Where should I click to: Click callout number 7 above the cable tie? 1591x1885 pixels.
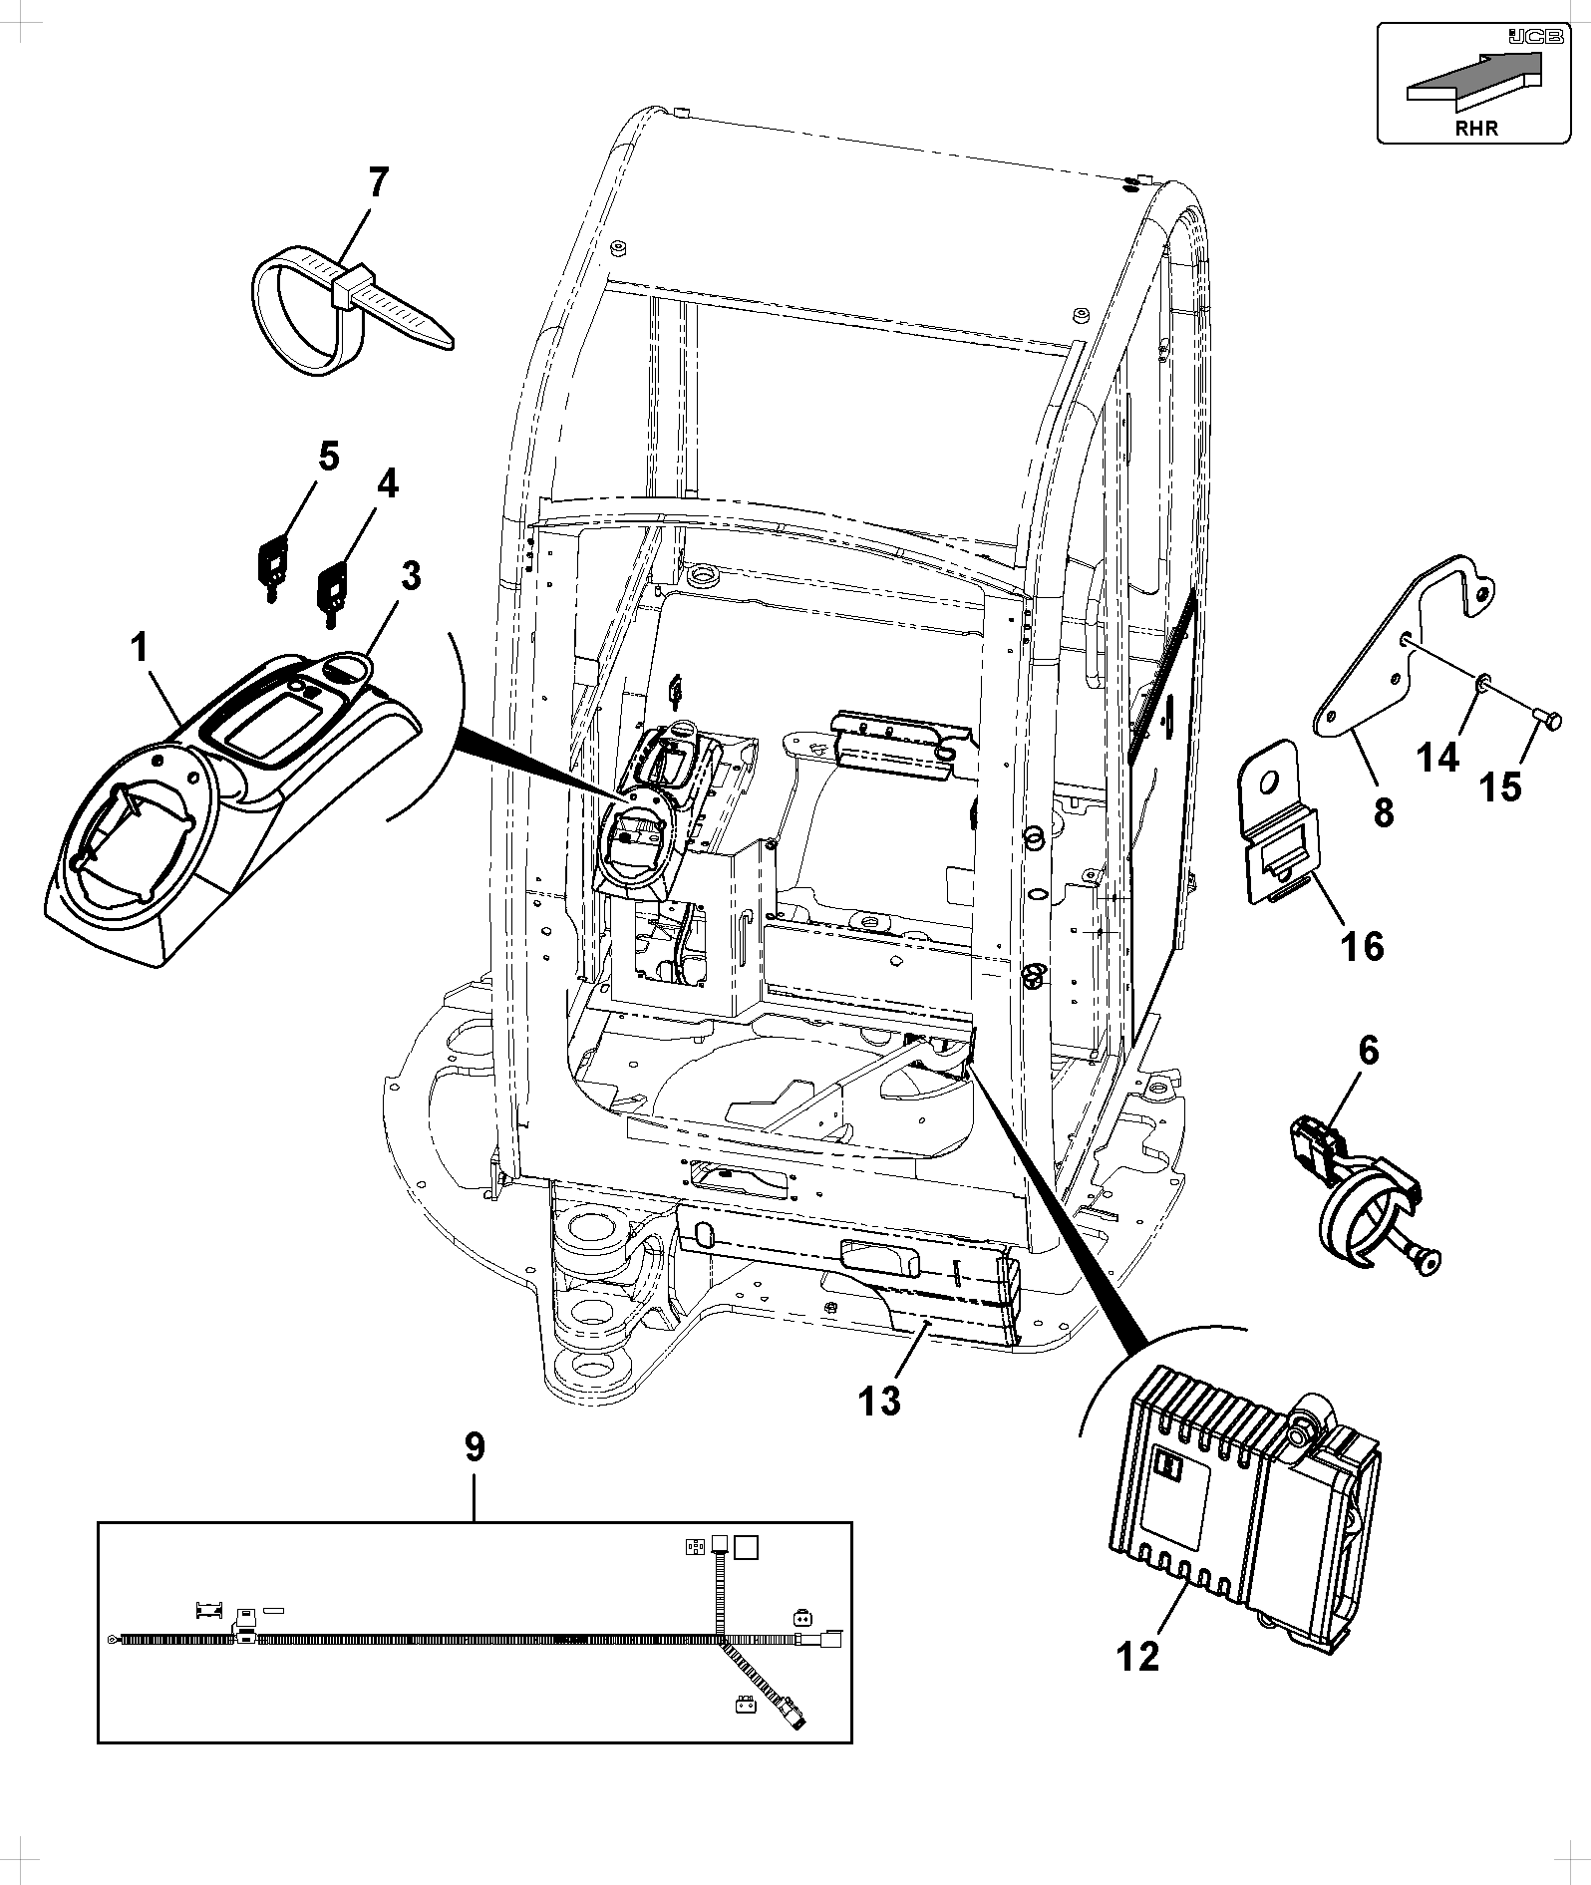pos(378,183)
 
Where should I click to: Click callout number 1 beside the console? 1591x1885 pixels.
pos(140,649)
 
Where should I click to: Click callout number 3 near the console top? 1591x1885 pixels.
pos(410,576)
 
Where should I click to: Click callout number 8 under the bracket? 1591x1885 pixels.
pos(1383,812)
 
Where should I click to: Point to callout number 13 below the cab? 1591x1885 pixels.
pos(880,1400)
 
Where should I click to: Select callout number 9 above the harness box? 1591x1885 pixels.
pos(475,1445)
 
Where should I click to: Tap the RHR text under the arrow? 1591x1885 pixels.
pos(1476,128)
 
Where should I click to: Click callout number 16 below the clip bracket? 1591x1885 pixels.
pos(1363,945)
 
